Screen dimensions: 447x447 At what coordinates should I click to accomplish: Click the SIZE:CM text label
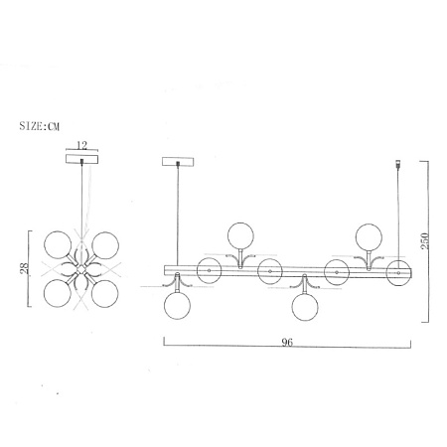[40, 126]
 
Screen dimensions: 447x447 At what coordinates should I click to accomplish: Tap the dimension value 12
[81, 145]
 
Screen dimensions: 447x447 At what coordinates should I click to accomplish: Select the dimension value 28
[25, 268]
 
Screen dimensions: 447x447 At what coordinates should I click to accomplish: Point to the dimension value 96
[287, 342]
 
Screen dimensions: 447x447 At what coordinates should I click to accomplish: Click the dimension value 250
[425, 241]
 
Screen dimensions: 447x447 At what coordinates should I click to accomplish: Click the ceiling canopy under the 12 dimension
[82, 159]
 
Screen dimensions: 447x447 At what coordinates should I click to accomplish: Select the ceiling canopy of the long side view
[178, 162]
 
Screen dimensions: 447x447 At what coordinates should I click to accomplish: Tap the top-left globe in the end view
[58, 244]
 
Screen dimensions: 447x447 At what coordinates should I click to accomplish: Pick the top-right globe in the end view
[105, 245]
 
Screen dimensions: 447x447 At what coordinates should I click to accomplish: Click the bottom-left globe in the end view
[58, 293]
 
